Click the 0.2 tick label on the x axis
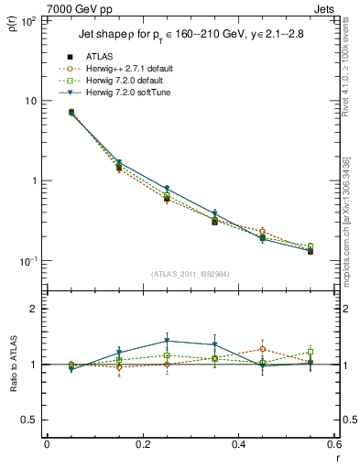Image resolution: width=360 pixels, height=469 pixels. tap(142, 444)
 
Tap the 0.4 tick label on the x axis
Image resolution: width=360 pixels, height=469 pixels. tap(238, 444)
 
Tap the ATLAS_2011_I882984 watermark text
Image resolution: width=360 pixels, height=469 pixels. tap(191, 274)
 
